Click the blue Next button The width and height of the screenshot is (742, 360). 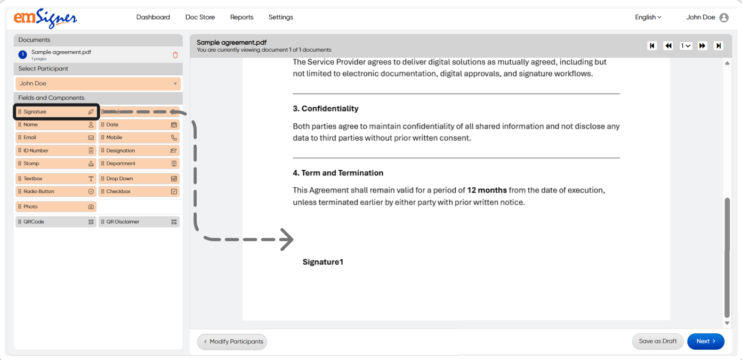(x=705, y=341)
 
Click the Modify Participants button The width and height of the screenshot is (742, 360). (x=232, y=342)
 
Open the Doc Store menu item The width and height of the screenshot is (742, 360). (x=200, y=17)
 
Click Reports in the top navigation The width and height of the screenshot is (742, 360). (x=241, y=17)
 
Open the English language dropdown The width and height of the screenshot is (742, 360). (x=648, y=17)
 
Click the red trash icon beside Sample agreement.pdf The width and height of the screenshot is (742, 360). (x=175, y=55)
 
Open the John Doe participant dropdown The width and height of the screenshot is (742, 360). (x=98, y=84)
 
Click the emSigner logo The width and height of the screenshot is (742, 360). (x=45, y=18)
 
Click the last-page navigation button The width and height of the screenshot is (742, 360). (x=719, y=46)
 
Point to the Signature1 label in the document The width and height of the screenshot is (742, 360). (x=323, y=262)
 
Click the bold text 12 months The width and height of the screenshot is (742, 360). (x=487, y=190)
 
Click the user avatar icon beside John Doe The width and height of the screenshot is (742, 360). (x=724, y=18)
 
